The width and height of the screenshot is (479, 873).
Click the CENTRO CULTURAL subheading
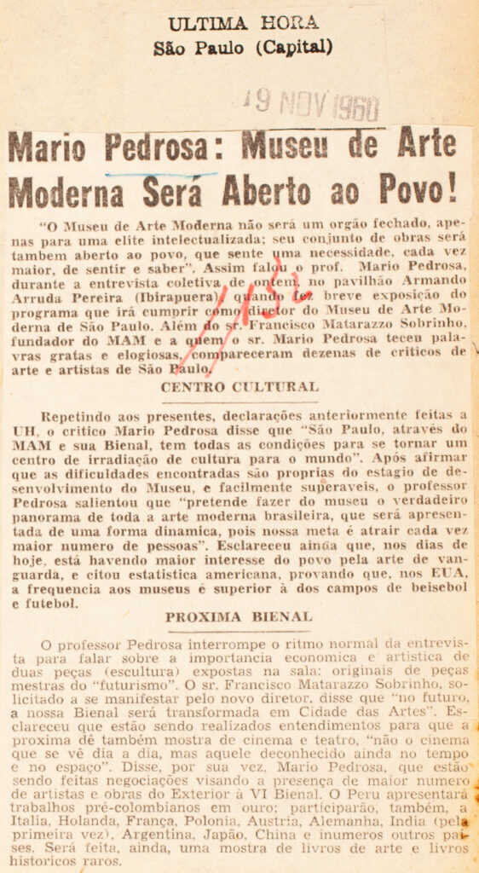tap(240, 386)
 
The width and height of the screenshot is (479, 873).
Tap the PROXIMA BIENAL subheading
tap(239, 615)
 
